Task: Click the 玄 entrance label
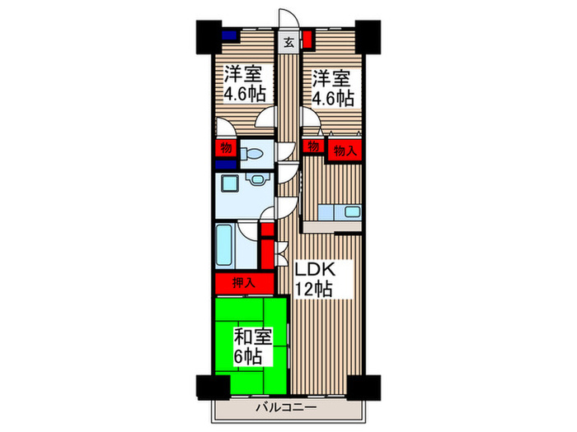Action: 289,42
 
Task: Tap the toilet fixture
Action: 254,155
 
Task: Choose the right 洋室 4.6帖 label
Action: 332,88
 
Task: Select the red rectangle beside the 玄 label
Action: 306,38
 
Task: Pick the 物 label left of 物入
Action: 312,146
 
